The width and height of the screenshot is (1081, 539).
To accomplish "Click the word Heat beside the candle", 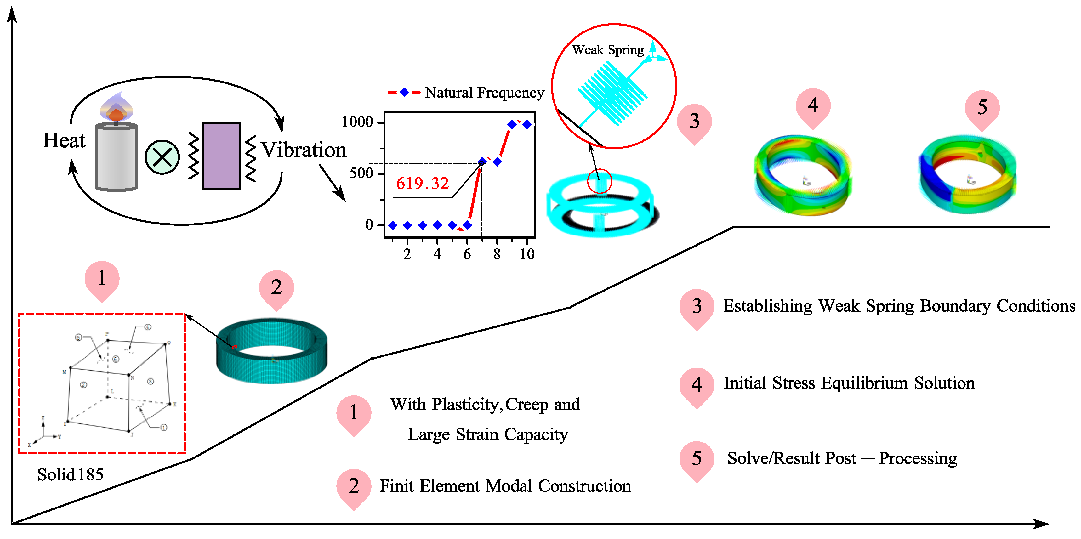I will click(64, 140).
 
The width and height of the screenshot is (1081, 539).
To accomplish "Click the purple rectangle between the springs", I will click(222, 156).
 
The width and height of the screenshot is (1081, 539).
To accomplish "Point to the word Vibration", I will click(304, 150).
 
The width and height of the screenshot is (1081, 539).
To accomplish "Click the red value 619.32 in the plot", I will click(422, 183).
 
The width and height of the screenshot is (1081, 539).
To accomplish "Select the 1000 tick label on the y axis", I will click(357, 122).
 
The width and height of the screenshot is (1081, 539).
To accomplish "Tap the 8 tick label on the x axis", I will click(497, 254).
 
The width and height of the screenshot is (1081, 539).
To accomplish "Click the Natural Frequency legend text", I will click(484, 92).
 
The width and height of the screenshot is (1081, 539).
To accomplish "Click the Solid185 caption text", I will click(70, 474).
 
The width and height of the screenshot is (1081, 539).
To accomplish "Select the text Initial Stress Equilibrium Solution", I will click(849, 383).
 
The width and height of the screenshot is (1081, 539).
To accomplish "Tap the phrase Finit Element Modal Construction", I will click(505, 486).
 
